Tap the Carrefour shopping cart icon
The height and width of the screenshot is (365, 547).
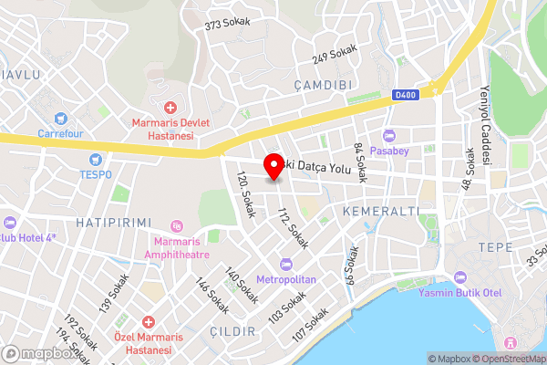point(61,118)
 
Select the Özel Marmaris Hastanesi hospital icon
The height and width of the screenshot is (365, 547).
point(148,323)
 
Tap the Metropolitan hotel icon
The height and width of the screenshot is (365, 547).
point(286,264)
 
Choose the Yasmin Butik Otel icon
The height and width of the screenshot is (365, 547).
point(459,277)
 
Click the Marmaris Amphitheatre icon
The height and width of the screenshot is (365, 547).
point(177,225)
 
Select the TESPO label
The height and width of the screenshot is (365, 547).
point(96,174)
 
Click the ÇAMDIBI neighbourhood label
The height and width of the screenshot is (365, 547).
point(324,84)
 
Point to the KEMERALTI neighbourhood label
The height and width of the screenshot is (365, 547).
point(380,211)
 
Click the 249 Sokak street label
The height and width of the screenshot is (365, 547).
point(334,55)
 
